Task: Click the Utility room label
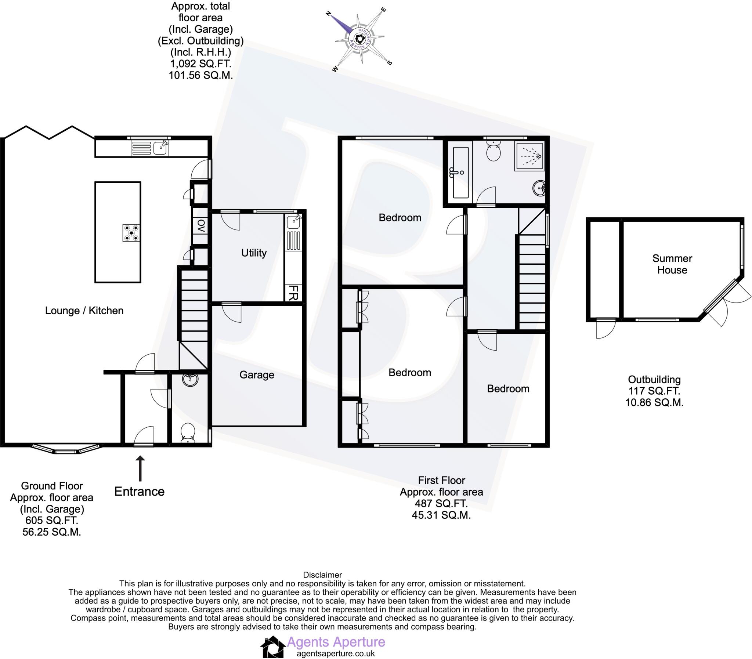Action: coord(254,253)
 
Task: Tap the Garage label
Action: coord(257,375)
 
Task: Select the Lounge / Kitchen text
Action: coord(84,310)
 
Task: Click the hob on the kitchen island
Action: coord(131,233)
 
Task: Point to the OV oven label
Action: coord(201,226)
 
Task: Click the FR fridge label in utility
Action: coord(293,293)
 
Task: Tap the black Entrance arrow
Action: coord(140,468)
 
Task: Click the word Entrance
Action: coord(140,491)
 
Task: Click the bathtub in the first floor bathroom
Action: coord(460,172)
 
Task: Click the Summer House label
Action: coord(672,264)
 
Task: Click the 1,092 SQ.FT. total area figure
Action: coord(200,64)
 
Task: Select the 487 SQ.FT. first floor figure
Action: coord(441,503)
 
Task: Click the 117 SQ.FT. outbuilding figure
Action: coord(654,391)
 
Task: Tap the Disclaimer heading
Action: coord(322,575)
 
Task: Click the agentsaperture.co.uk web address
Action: coord(335,653)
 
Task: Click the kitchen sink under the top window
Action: coord(161,148)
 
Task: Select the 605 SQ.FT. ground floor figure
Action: coord(51,520)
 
